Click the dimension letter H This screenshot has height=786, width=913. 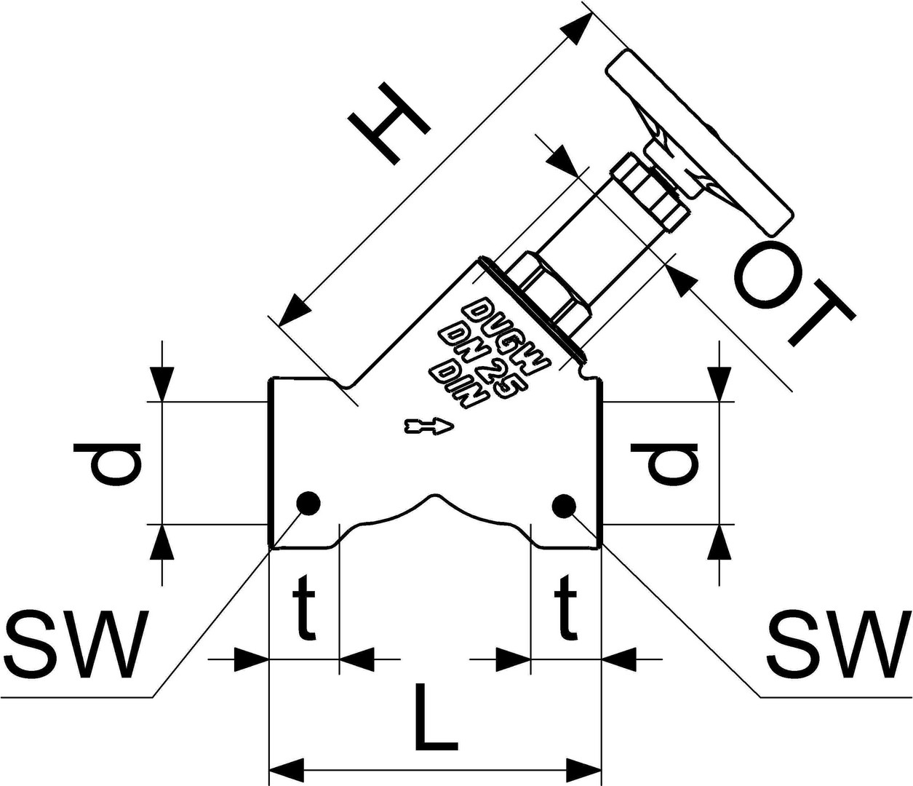click(388, 125)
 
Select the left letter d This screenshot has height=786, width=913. click(108, 464)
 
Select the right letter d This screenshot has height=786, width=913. click(664, 464)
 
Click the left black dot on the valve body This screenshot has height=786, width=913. click(308, 503)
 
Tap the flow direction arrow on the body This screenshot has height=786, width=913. click(429, 426)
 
